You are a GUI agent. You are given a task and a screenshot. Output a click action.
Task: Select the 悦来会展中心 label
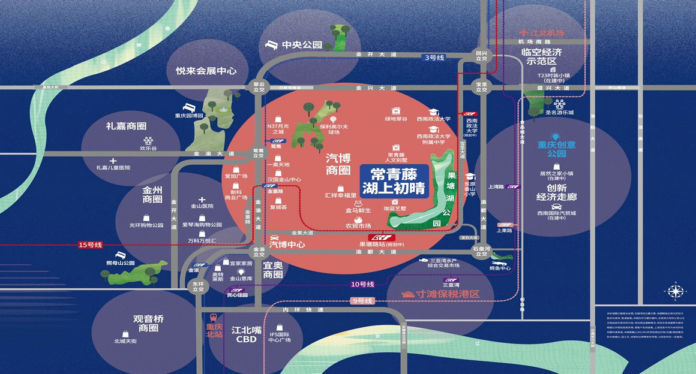tap(206, 71)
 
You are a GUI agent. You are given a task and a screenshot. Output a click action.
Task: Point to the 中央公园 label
tap(302, 44)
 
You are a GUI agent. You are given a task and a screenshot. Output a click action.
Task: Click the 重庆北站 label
tap(214, 330)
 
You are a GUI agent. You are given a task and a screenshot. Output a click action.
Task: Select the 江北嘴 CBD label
tap(244, 334)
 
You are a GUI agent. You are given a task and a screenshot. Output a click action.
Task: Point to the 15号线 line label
tap(90, 245)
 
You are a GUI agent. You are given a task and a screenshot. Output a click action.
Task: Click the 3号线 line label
tap(434, 58)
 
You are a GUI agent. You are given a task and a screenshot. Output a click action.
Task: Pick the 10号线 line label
tap(362, 284)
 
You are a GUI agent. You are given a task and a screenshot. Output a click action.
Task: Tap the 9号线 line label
tap(362, 300)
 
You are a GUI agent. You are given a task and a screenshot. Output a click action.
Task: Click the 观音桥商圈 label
tap(148, 324)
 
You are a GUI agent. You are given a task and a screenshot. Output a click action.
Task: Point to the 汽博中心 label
tap(287, 245)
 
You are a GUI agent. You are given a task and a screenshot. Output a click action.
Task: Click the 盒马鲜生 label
tap(358, 210)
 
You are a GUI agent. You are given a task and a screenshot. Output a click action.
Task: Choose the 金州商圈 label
tap(153, 194)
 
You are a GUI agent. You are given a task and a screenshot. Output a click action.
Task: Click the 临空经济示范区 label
tap(541, 56)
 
